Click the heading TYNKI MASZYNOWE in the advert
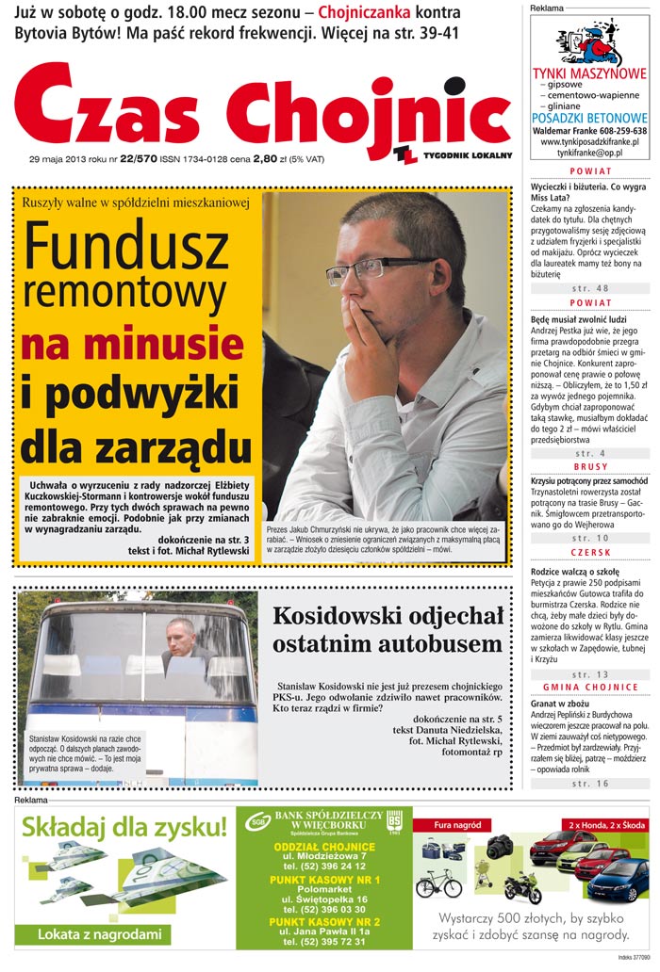tap(589, 73)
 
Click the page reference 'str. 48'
tap(590, 288)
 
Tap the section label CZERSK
tap(590, 552)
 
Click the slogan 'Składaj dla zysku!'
tap(124, 828)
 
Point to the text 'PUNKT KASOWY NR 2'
tap(324, 921)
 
